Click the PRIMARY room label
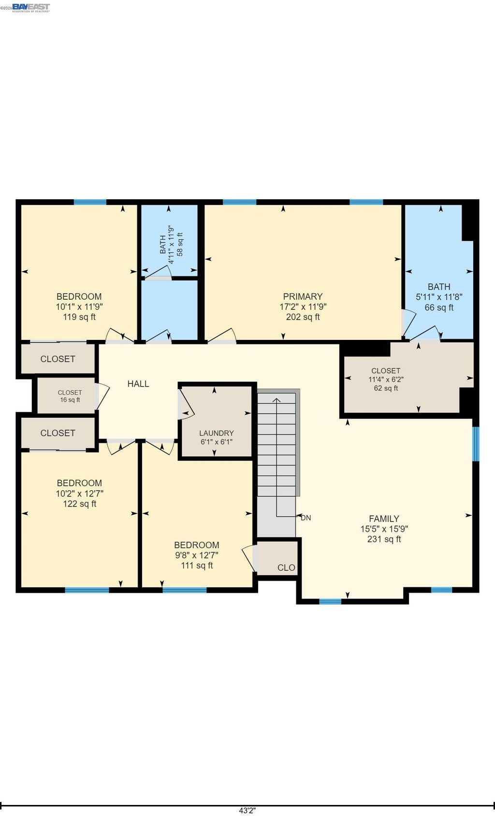click(303, 296)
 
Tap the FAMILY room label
click(384, 518)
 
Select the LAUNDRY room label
click(216, 433)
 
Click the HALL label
click(138, 384)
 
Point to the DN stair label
click(306, 518)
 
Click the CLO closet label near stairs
click(286, 568)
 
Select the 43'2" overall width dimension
click(247, 810)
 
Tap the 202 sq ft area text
click(303, 317)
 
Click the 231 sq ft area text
click(384, 539)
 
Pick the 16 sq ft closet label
click(70, 400)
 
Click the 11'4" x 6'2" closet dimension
click(386, 379)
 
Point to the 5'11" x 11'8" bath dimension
click(439, 297)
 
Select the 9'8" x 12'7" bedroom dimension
click(197, 555)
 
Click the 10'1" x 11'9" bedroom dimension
click(79, 307)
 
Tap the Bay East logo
click(30, 8)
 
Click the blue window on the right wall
click(476, 444)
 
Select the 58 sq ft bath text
click(180, 244)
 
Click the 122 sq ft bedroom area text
click(80, 504)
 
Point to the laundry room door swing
click(187, 404)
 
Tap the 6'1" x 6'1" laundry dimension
click(216, 442)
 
